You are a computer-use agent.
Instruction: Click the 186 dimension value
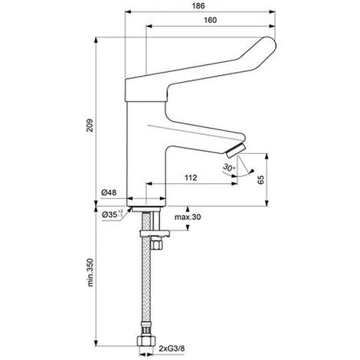click(198, 6)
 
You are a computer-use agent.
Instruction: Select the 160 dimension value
click(210, 20)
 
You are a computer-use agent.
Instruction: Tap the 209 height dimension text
click(90, 125)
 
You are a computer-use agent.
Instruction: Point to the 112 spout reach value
click(191, 178)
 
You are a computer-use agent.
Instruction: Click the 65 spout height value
click(260, 180)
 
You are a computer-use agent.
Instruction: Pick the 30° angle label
click(229, 168)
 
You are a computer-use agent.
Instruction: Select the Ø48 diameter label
click(109, 192)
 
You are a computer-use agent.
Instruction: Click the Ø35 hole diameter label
click(112, 214)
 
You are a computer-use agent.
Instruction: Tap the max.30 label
click(188, 217)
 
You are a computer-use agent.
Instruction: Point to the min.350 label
click(90, 273)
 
